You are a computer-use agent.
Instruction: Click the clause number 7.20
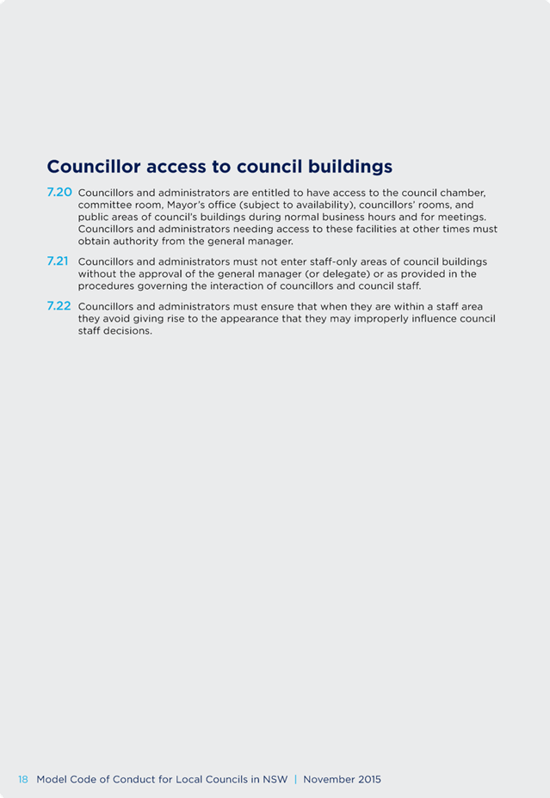[59, 193]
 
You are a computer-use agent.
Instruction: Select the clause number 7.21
[58, 261]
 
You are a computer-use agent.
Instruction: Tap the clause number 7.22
[59, 306]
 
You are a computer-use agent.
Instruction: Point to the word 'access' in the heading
[177, 166]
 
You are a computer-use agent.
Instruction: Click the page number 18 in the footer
[23, 779]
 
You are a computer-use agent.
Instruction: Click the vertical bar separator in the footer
[295, 779]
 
